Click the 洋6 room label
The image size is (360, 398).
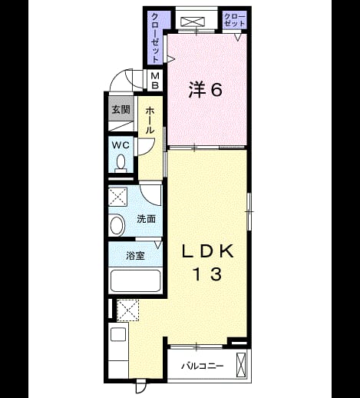click(205, 90)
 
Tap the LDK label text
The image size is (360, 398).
click(208, 251)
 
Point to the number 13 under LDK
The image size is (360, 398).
click(207, 274)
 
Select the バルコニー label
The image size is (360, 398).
click(202, 366)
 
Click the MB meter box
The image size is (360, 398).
click(155, 80)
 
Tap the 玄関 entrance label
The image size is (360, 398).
click(121, 110)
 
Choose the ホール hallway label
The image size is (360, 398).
click(150, 121)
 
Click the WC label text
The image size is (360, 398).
click(121, 145)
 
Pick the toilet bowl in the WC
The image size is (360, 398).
click(121, 164)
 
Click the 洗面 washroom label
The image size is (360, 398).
click(146, 219)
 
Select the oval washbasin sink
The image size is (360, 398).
click(117, 225)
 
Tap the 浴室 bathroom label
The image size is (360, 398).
click(135, 256)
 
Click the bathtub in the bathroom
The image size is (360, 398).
click(135, 280)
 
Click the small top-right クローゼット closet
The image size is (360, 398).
click(235, 19)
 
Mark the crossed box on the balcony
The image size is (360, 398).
click(241, 365)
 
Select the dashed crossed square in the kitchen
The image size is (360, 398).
click(128, 310)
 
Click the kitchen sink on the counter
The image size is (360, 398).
click(118, 334)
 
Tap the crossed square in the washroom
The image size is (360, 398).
click(118, 197)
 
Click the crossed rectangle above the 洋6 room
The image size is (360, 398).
click(193, 22)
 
